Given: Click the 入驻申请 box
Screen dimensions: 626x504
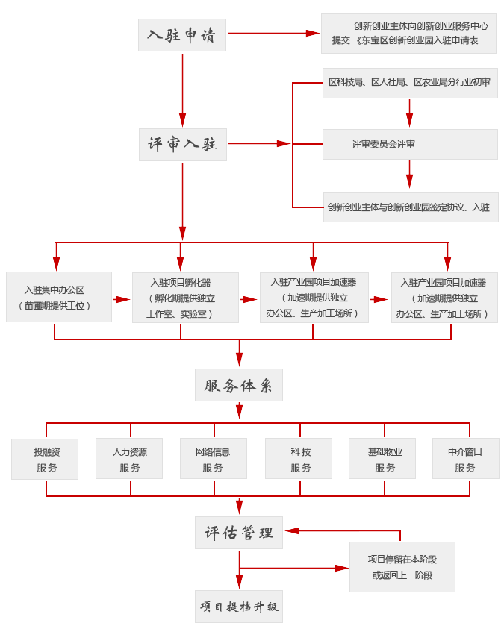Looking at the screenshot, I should click(x=181, y=35).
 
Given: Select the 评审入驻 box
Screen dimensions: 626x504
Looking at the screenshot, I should click(x=182, y=144).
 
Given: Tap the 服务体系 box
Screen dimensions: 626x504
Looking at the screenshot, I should click(x=238, y=385).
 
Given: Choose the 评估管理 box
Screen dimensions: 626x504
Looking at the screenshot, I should click(x=238, y=533).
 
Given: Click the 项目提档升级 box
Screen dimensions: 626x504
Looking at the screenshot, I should click(x=238, y=607).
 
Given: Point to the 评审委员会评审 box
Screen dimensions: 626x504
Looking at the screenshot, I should click(x=409, y=144).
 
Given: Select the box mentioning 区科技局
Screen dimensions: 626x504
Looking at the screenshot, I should click(x=409, y=83).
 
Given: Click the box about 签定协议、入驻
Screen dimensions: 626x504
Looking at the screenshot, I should click(x=410, y=207).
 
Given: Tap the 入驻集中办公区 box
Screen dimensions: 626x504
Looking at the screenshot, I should click(x=58, y=297).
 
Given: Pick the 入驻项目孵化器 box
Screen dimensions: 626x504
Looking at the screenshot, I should click(x=185, y=298).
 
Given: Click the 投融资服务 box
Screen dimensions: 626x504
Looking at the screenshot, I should click(x=46, y=459).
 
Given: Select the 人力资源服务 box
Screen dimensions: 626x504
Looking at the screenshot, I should click(x=129, y=459).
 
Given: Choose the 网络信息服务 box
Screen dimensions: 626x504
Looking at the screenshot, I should click(x=213, y=459).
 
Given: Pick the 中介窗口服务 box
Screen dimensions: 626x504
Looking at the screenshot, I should click(x=465, y=459).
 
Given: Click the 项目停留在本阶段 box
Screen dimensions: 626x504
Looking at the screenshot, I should click(x=402, y=567).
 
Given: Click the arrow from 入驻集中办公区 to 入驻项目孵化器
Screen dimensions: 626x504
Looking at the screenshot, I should click(x=122, y=299).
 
